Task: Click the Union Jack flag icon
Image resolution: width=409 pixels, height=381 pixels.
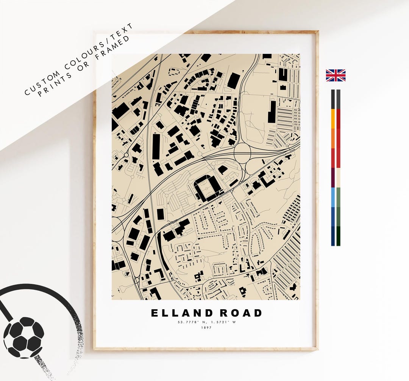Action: [336, 75]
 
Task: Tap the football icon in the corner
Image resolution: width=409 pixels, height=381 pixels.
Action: [23, 337]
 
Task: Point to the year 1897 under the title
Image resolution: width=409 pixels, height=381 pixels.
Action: [206, 328]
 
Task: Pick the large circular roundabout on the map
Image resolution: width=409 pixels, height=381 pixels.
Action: [242, 153]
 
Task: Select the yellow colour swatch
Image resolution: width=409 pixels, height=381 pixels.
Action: [333, 118]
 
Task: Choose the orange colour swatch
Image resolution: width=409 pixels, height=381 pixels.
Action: [333, 139]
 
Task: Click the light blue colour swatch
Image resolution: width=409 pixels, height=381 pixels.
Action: [333, 197]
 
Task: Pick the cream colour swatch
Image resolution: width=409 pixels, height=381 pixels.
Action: [338, 177]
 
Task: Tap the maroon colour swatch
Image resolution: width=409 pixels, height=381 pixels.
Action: [333, 177]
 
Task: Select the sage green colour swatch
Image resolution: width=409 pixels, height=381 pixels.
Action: [338, 197]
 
